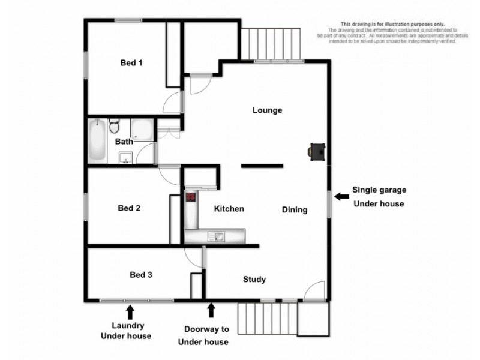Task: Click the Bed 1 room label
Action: pos(131,62)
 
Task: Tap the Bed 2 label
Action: pos(129,209)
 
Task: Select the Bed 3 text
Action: pos(141,275)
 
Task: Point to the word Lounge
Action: pos(267,110)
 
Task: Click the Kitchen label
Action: pos(229,209)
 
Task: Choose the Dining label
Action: pos(295,210)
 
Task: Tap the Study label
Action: pos(254,280)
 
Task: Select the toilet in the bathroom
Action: pos(116,126)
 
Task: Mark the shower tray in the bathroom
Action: pos(142,130)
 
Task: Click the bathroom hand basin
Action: pos(125,158)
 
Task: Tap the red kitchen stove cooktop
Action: pos(191,197)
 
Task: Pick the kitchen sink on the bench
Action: pos(215,236)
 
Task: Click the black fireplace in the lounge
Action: pos(317,152)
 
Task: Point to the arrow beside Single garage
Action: pos(342,196)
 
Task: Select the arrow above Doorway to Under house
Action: pos(211,310)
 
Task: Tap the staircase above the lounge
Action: pos(272,44)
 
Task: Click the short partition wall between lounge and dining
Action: pos(262,165)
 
